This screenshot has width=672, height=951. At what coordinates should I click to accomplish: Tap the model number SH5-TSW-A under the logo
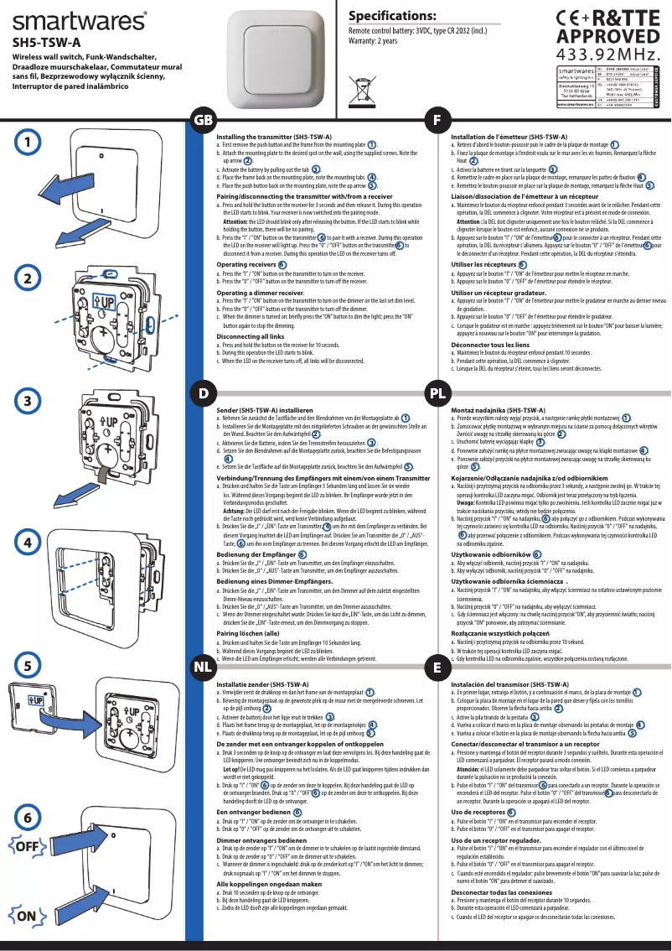(x=46, y=41)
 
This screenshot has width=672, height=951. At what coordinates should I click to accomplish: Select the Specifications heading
(x=392, y=17)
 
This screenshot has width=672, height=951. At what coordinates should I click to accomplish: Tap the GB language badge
(x=204, y=121)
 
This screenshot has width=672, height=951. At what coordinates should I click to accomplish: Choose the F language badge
(x=437, y=121)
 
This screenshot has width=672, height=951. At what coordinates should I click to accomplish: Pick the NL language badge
(x=203, y=668)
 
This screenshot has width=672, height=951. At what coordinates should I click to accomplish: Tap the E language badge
(x=437, y=668)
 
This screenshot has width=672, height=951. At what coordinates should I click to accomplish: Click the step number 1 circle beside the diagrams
(x=28, y=142)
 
